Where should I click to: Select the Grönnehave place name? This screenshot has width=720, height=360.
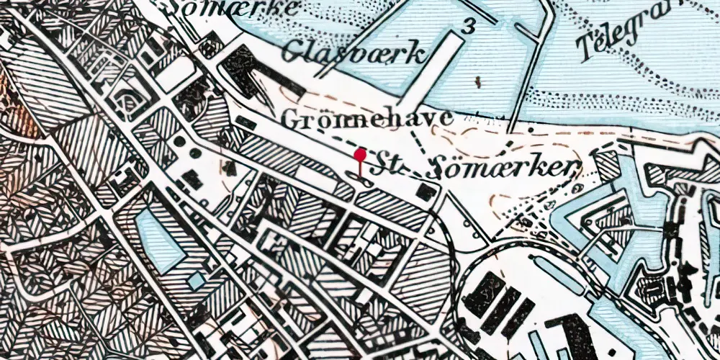367,118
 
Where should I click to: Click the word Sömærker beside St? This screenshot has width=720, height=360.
504,168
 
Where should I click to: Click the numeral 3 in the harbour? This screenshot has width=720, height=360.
469,27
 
